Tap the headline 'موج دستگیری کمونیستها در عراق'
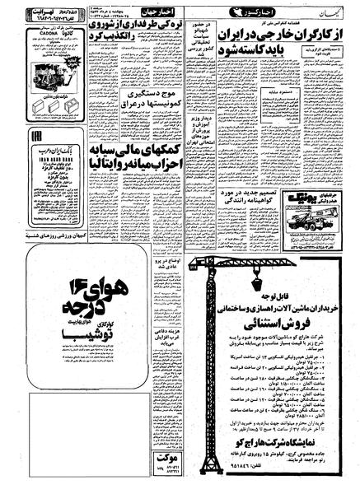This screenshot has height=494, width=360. (x=152, y=132)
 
